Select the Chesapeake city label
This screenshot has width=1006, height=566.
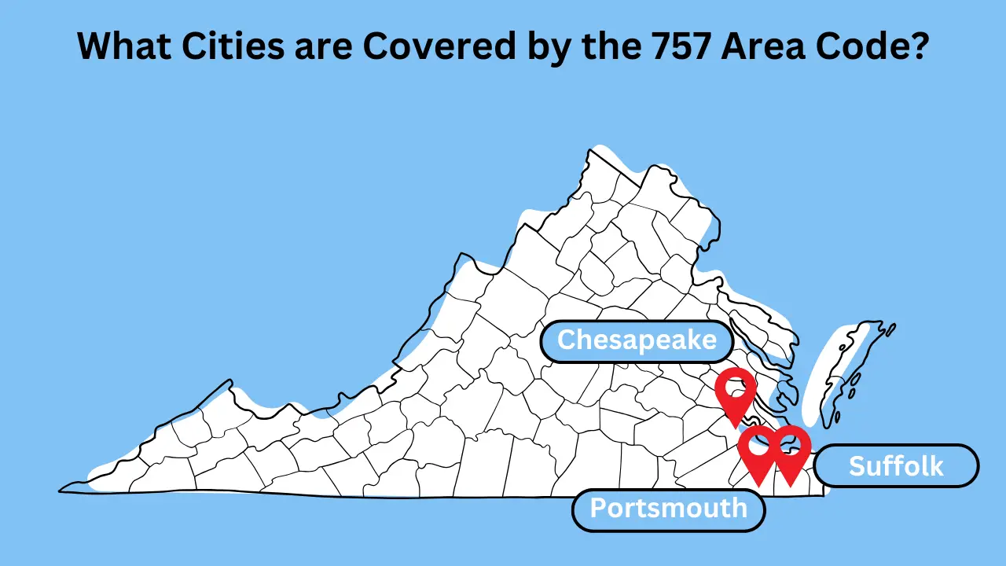[637, 340]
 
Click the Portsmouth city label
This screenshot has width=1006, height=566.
[668, 509]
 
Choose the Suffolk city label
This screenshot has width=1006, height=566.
[896, 466]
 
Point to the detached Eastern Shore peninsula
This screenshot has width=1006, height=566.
[845, 369]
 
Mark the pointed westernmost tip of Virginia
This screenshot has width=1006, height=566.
[61, 491]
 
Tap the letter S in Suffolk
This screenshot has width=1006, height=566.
[857, 466]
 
